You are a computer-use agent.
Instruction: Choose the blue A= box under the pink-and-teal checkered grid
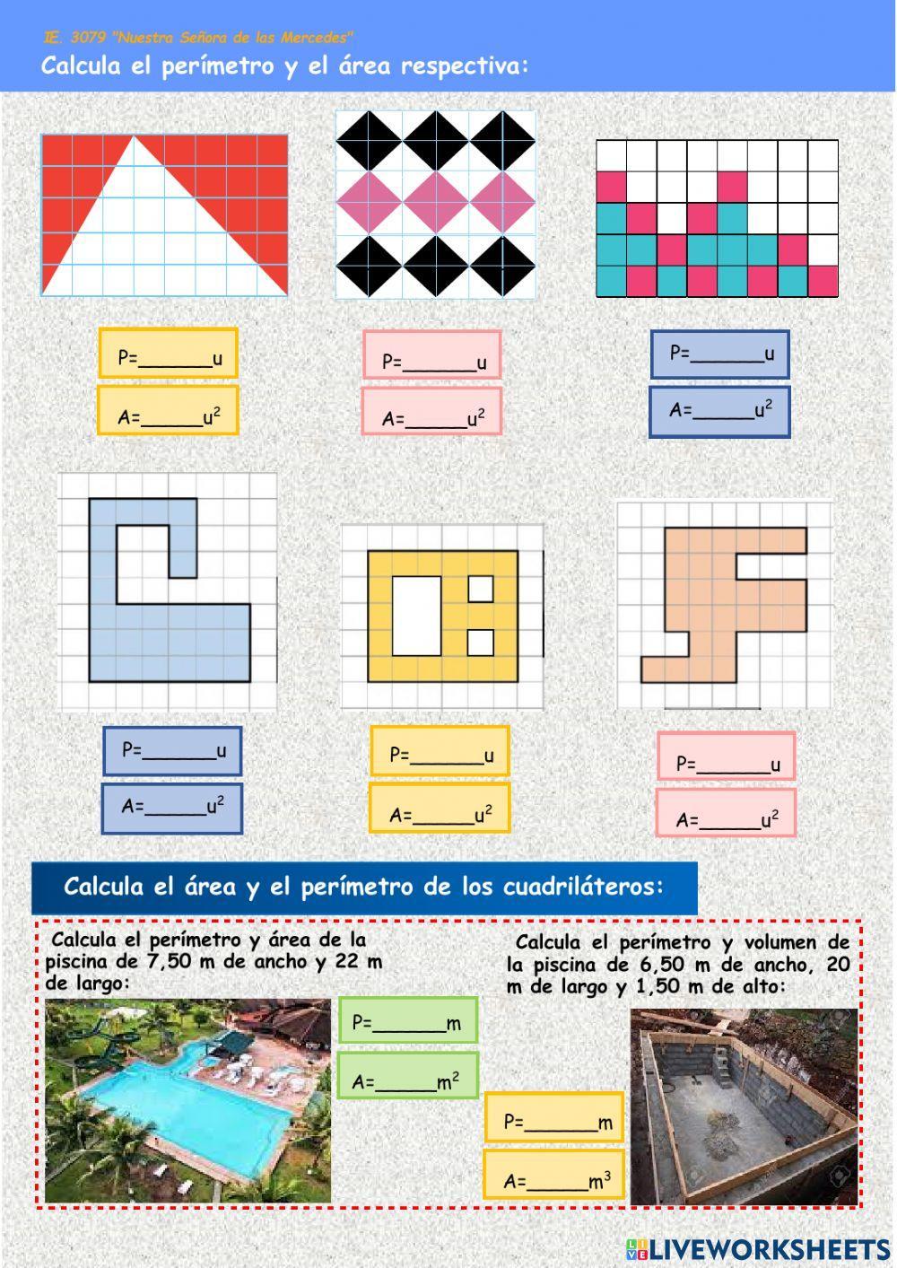[x=719, y=412]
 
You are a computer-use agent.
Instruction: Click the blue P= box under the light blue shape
[x=172, y=751]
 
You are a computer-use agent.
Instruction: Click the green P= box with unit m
[x=408, y=1020]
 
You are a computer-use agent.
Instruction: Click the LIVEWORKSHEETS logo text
[x=769, y=1249]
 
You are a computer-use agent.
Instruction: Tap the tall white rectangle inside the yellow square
[x=417, y=616]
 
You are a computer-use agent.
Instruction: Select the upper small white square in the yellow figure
[x=481, y=589]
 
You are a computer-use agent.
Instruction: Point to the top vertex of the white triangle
[x=134, y=137]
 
